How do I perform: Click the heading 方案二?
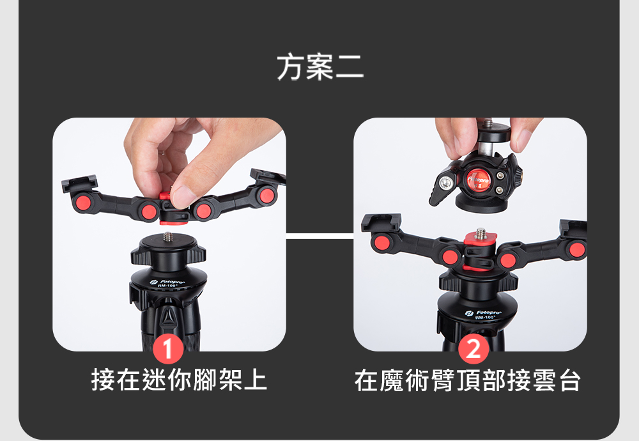coord(320,67)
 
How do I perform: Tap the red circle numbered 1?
coord(168,350)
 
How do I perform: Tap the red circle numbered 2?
coord(473,350)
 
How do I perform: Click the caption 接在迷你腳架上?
coord(179,380)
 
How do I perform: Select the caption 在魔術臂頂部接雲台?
coord(467,380)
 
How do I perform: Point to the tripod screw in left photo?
coord(167,237)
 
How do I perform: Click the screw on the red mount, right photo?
coord(481,233)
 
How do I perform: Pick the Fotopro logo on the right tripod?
coord(483,313)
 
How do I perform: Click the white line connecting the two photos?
coord(320,236)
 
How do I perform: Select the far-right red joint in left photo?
coord(267,196)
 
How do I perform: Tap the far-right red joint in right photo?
coord(577,249)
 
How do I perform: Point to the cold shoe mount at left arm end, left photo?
coord(80,183)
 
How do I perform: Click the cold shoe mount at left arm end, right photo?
coord(381,222)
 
